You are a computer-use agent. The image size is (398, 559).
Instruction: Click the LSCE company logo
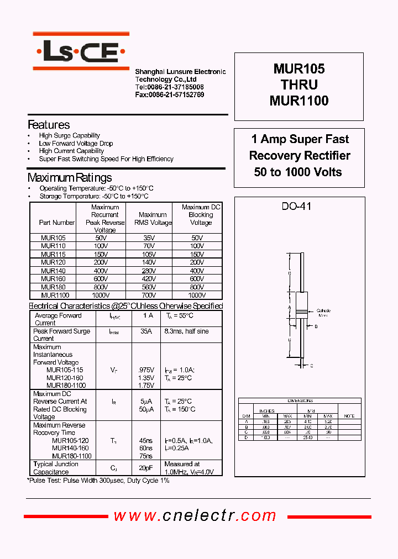click(x=81, y=53)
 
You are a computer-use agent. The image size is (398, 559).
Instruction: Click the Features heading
click(x=49, y=125)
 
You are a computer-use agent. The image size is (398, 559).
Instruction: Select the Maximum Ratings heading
click(x=70, y=178)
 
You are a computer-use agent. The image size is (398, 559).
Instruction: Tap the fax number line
click(x=170, y=95)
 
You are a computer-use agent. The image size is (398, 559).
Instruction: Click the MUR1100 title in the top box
click(x=299, y=101)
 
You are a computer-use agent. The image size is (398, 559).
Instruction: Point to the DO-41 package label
click(x=297, y=207)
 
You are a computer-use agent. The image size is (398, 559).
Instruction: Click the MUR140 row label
click(x=53, y=271)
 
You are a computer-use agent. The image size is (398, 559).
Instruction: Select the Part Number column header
click(x=57, y=223)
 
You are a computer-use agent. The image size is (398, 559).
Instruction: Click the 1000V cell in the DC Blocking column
click(x=201, y=296)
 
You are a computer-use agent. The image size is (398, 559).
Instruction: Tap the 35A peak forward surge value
click(x=146, y=331)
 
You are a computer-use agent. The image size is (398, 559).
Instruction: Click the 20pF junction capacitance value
click(x=146, y=468)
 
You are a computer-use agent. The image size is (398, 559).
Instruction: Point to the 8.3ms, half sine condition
click(x=186, y=331)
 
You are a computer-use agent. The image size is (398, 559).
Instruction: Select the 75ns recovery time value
click(x=146, y=456)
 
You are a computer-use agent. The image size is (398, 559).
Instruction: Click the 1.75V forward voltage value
click(x=146, y=386)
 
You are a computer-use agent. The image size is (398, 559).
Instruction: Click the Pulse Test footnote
click(x=98, y=481)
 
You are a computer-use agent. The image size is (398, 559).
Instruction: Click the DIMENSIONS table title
click(x=300, y=401)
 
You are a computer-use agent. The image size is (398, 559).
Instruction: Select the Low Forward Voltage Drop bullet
click(x=76, y=144)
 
